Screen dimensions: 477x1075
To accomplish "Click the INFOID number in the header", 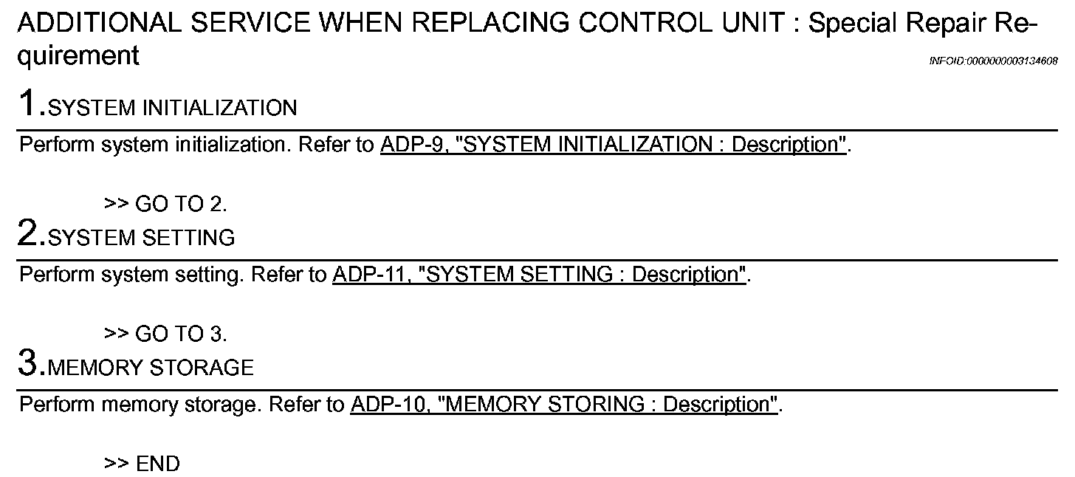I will click(993, 61).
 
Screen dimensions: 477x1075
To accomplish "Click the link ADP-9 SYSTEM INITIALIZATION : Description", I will click(613, 145).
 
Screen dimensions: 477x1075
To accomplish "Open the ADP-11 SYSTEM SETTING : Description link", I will click(538, 275).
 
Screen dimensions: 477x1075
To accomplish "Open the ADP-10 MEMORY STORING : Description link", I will click(564, 405).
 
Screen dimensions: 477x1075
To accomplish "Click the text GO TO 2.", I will click(181, 204).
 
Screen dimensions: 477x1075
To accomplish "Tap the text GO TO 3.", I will click(181, 334).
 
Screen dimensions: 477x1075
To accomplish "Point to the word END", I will click(158, 464).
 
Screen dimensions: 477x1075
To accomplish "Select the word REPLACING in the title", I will click(489, 24).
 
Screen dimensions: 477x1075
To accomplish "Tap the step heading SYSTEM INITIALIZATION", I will click(172, 109).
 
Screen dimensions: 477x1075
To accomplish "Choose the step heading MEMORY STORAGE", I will click(151, 368).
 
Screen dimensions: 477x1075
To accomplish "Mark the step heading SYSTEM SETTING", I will click(141, 238).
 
